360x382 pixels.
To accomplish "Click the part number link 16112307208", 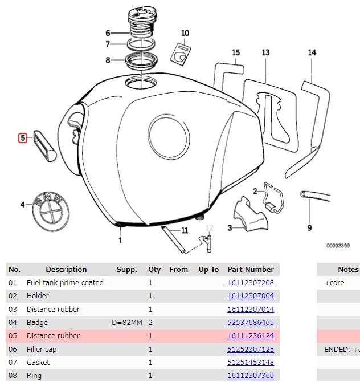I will [251, 283].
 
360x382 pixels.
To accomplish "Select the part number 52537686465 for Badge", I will [251, 323].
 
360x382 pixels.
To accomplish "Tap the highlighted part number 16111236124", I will [251, 336].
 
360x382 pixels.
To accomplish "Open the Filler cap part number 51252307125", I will [251, 349].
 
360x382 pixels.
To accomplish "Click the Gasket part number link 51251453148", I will [251, 362].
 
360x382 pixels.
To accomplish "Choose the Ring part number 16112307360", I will [251, 376].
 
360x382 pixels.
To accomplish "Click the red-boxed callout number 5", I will [23, 137].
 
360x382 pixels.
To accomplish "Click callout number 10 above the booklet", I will [185, 33].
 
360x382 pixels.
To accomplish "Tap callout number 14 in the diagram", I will [312, 52].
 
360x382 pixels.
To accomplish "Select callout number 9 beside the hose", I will [310, 228].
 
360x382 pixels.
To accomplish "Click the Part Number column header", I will [251, 269].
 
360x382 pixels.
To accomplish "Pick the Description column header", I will [66, 269].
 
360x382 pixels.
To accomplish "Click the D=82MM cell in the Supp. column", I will [127, 323].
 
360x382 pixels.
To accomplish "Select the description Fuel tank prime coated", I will [65, 283].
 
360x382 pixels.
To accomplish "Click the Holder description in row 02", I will [38, 296].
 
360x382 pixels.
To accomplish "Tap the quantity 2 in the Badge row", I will [150, 323].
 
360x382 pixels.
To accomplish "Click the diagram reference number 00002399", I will [338, 246].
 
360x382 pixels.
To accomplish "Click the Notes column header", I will [348, 269].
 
